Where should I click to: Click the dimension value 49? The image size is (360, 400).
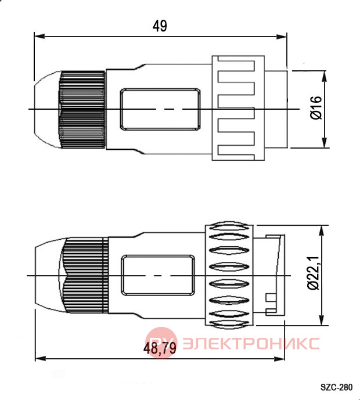pos(160,26)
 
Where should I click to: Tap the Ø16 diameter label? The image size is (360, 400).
pos(316,107)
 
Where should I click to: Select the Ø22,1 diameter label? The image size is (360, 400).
pos(314,273)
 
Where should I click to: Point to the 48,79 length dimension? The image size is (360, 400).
pos(160,348)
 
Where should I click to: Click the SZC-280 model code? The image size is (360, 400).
pos(337,387)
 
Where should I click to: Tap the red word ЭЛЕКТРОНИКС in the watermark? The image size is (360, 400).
pos(251,343)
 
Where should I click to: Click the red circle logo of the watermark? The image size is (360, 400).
pos(161,343)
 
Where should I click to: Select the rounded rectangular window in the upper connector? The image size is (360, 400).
pos(160,109)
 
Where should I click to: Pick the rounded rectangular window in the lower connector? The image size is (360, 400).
pos(158,276)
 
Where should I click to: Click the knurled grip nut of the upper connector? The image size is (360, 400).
pos(82,110)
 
